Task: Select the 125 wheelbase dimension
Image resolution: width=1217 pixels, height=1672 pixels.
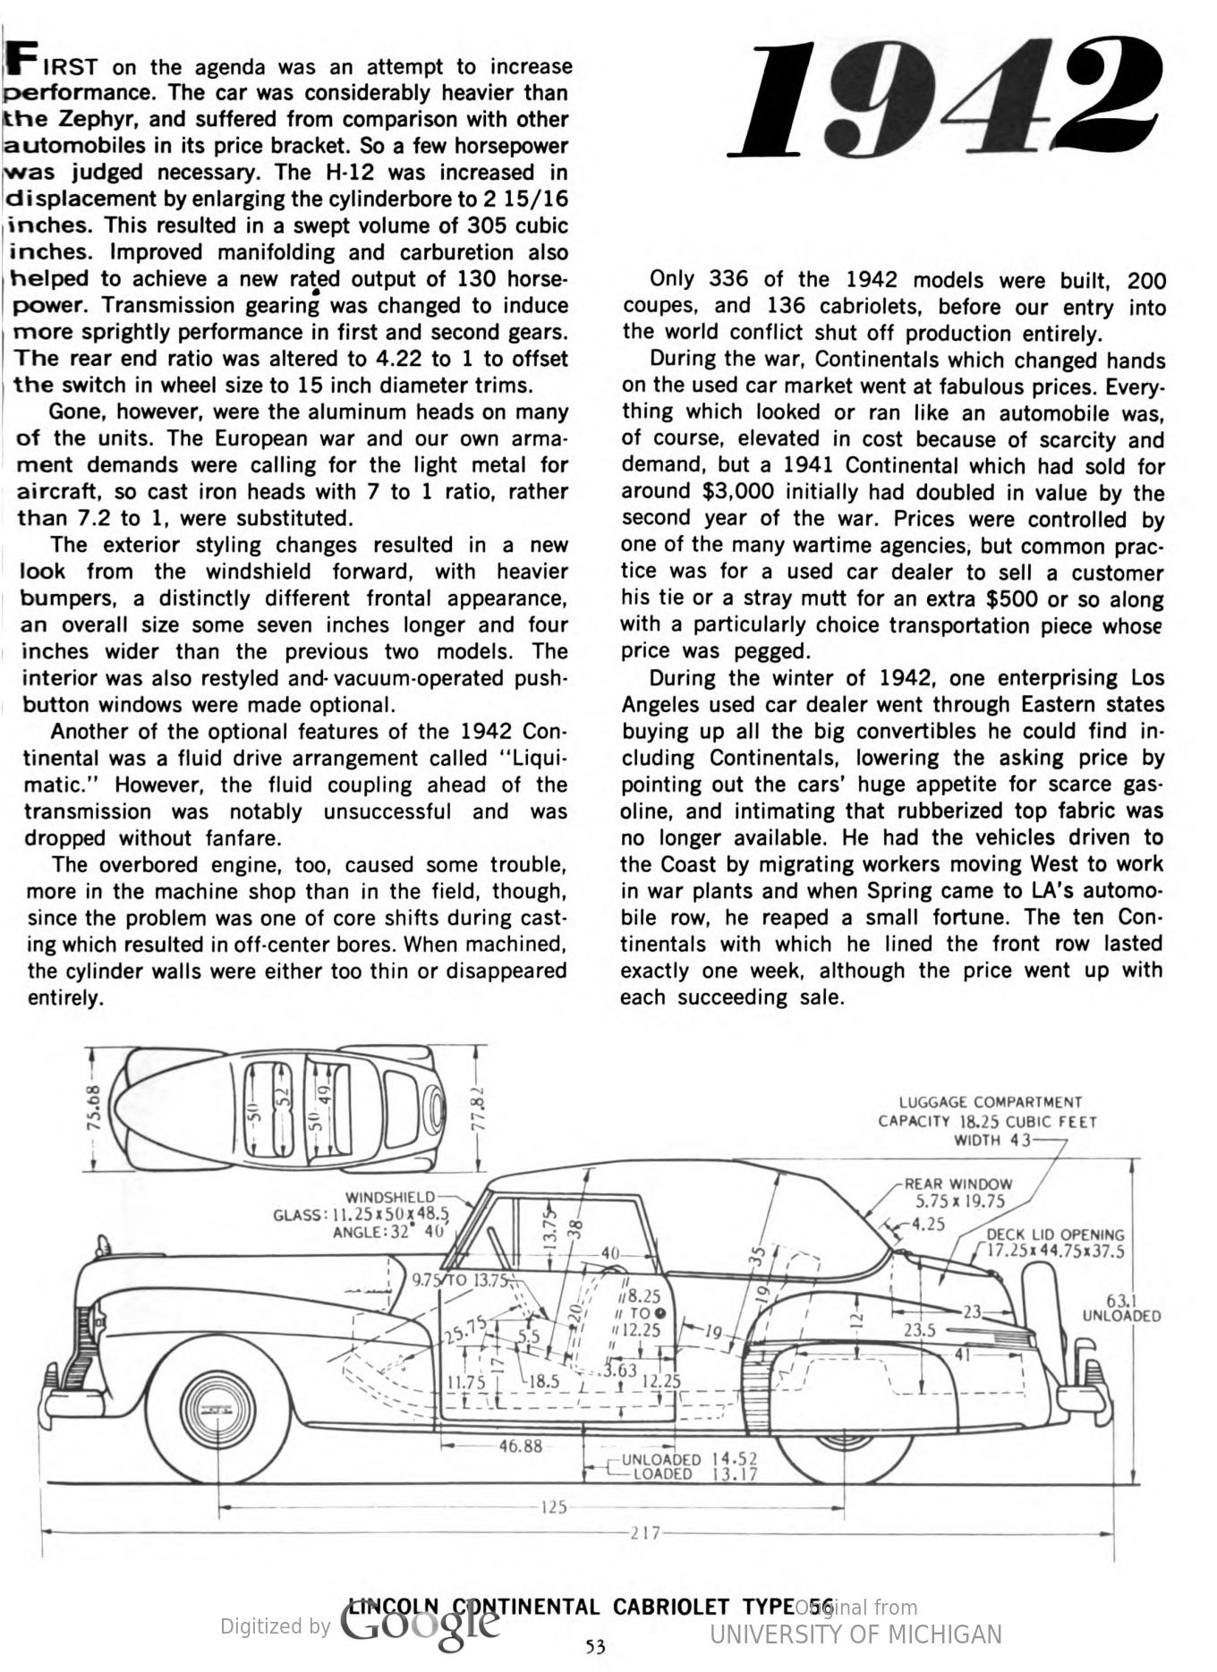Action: coord(554,1507)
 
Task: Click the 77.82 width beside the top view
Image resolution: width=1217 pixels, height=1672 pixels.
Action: coord(478,1109)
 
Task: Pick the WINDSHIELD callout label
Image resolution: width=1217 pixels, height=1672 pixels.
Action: coord(390,1197)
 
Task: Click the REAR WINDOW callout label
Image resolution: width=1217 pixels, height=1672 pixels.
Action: coord(958,1184)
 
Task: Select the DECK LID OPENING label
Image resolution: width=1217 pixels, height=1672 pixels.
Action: coord(1055,1235)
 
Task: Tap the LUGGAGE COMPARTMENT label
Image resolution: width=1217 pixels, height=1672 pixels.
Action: coord(990,1102)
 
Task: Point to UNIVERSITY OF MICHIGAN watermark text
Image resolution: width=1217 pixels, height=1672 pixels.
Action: coord(855,1634)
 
